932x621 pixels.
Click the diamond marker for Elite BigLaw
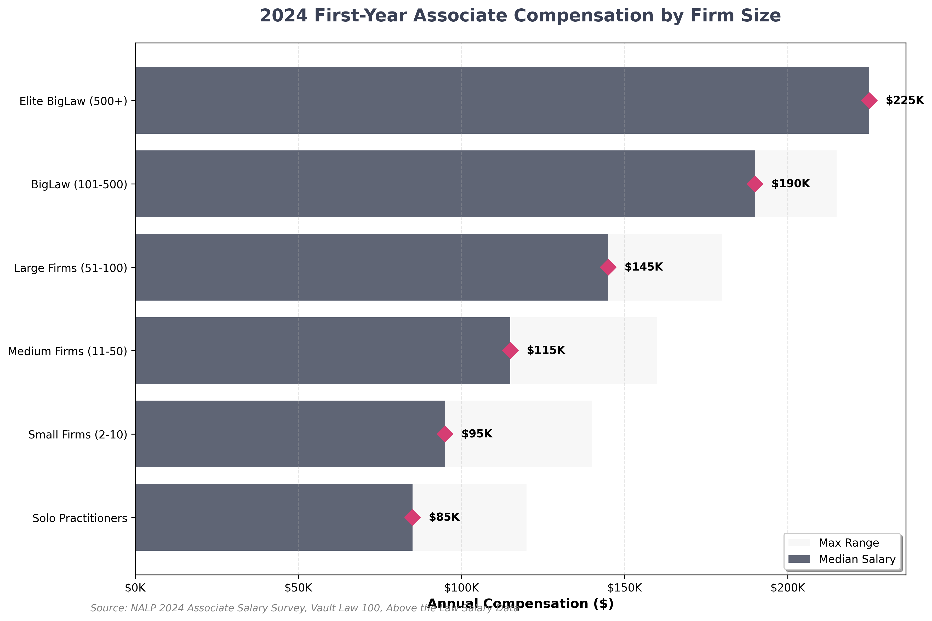869,101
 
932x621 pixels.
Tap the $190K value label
791,184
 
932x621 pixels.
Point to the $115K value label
546,350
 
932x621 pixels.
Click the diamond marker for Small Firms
445,434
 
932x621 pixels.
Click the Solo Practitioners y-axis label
80,518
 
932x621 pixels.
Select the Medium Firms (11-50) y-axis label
67,351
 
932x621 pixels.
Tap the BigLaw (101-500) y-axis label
79,185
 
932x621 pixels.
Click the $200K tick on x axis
788,588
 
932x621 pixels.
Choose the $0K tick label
135,588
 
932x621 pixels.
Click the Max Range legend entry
848,543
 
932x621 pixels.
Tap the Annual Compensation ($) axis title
520,604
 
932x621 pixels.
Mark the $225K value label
905,101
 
